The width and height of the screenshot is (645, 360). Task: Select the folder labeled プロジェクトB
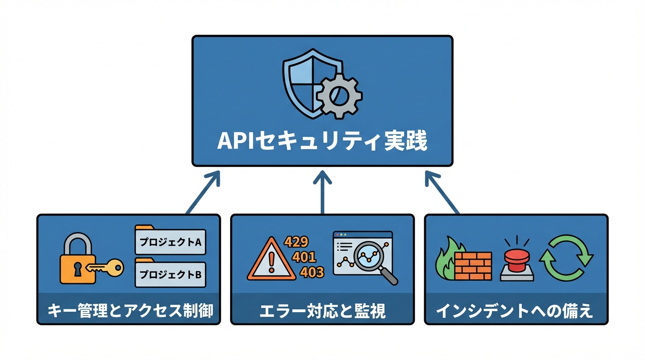pos(170,273)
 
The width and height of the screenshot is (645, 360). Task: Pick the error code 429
pos(296,242)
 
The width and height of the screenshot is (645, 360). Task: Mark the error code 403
pos(312,272)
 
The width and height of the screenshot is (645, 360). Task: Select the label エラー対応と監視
pos(322,311)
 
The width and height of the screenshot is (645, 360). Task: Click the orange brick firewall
pos(472,266)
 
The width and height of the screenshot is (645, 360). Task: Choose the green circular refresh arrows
pos(566,258)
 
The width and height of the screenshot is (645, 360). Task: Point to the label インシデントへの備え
pos(516,311)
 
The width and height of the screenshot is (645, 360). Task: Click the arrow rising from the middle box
pos(322,192)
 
